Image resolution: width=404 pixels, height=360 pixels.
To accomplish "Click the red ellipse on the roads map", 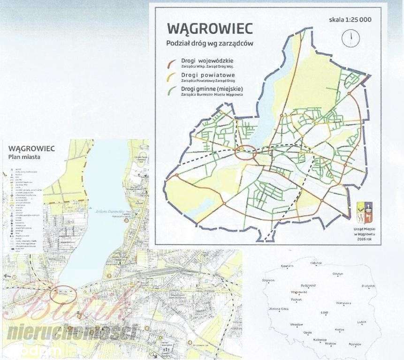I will [245, 153].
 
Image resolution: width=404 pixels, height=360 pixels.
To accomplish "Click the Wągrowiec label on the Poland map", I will [299, 292].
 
